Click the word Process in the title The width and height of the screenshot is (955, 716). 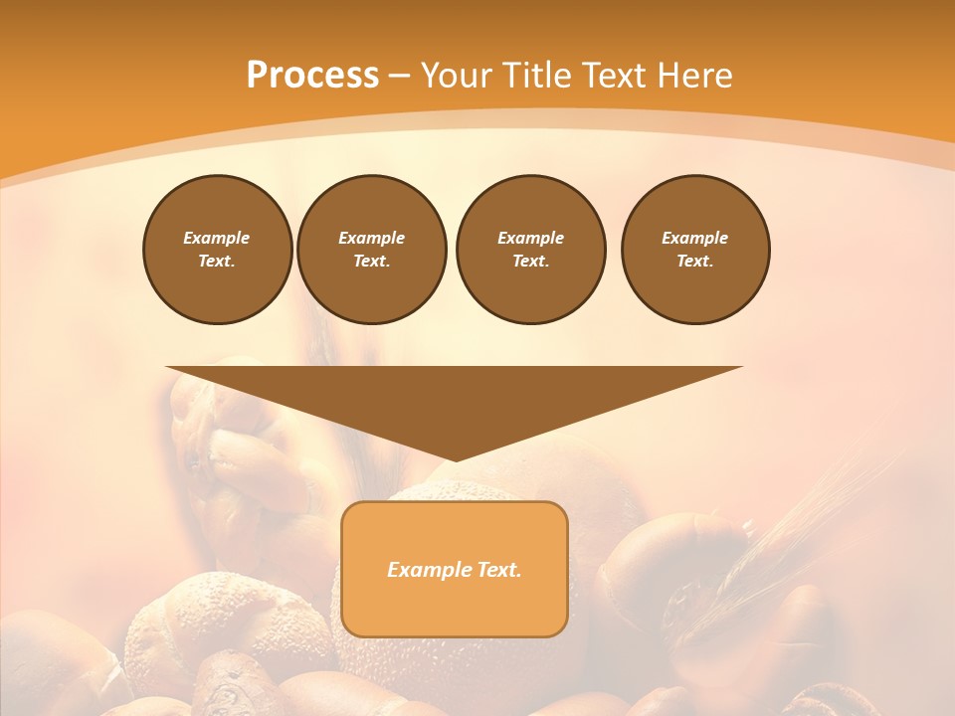click(x=312, y=76)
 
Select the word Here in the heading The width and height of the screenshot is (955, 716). click(x=694, y=76)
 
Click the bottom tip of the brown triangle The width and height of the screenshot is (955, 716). click(x=456, y=458)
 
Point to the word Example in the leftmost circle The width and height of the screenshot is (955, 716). click(x=217, y=238)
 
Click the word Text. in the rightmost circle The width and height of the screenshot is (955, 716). click(x=694, y=262)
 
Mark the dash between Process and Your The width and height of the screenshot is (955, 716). click(x=399, y=76)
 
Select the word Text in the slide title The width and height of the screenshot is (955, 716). click(x=616, y=76)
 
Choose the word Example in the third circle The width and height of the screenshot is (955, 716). click(x=530, y=238)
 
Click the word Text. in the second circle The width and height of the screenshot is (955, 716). click(x=371, y=262)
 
